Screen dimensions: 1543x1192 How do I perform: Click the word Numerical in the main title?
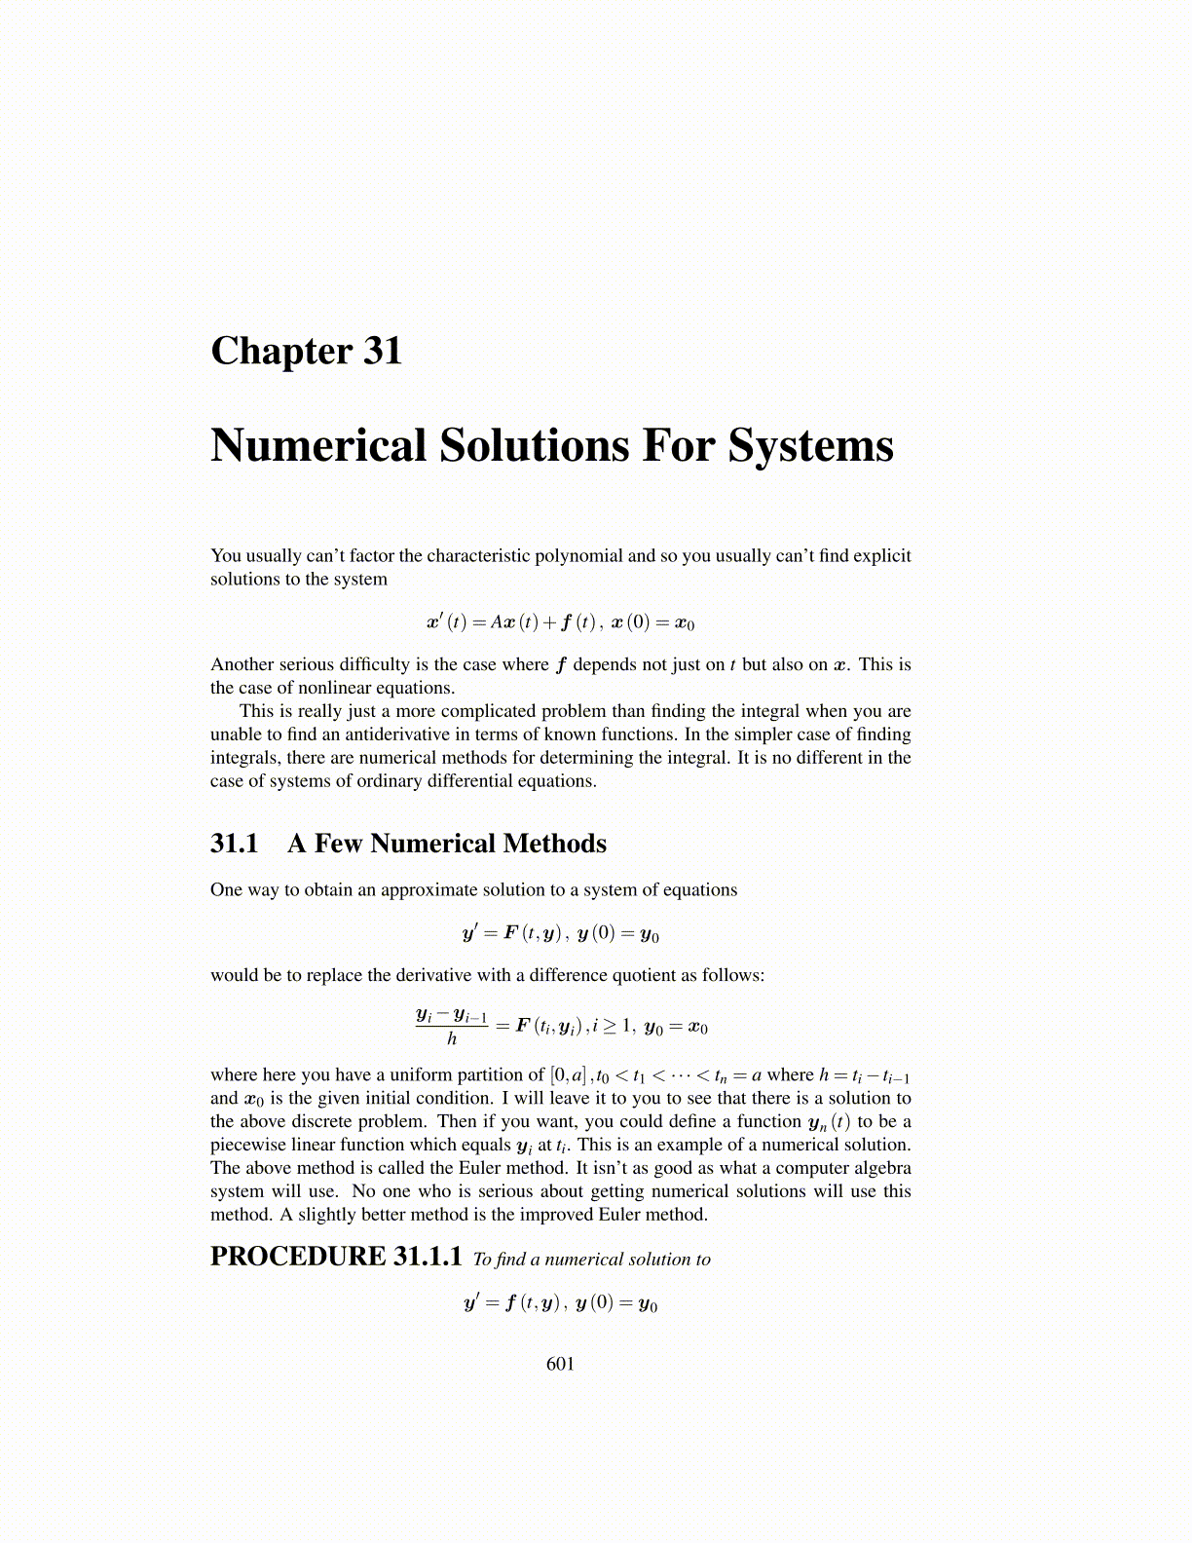319,445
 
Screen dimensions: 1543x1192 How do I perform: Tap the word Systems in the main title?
810,445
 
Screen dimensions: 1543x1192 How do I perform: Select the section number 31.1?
235,844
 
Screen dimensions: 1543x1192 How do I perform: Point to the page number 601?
561,1364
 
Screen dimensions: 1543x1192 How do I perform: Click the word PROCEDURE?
298,1257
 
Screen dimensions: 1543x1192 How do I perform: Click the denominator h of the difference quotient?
452,1039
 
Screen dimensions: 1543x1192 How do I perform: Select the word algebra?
882,1168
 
